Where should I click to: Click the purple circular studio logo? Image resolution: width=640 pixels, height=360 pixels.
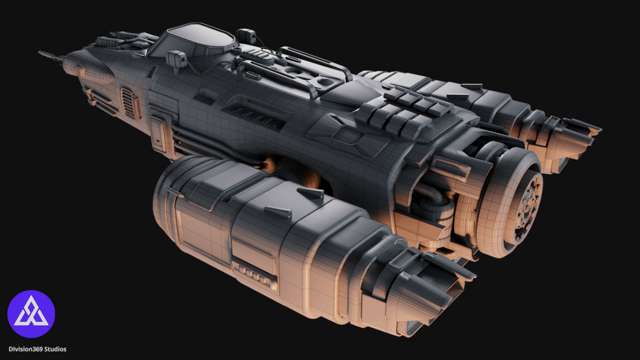[x=31, y=314]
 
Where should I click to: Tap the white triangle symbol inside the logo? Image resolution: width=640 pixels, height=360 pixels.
[x=31, y=312]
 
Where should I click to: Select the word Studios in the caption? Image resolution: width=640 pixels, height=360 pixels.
[x=55, y=349]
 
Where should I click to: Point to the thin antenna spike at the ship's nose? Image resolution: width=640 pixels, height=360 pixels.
[x=50, y=55]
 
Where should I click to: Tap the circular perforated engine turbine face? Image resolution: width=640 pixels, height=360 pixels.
[x=529, y=205]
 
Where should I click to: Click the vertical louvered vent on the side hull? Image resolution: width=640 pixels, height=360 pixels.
[x=128, y=103]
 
